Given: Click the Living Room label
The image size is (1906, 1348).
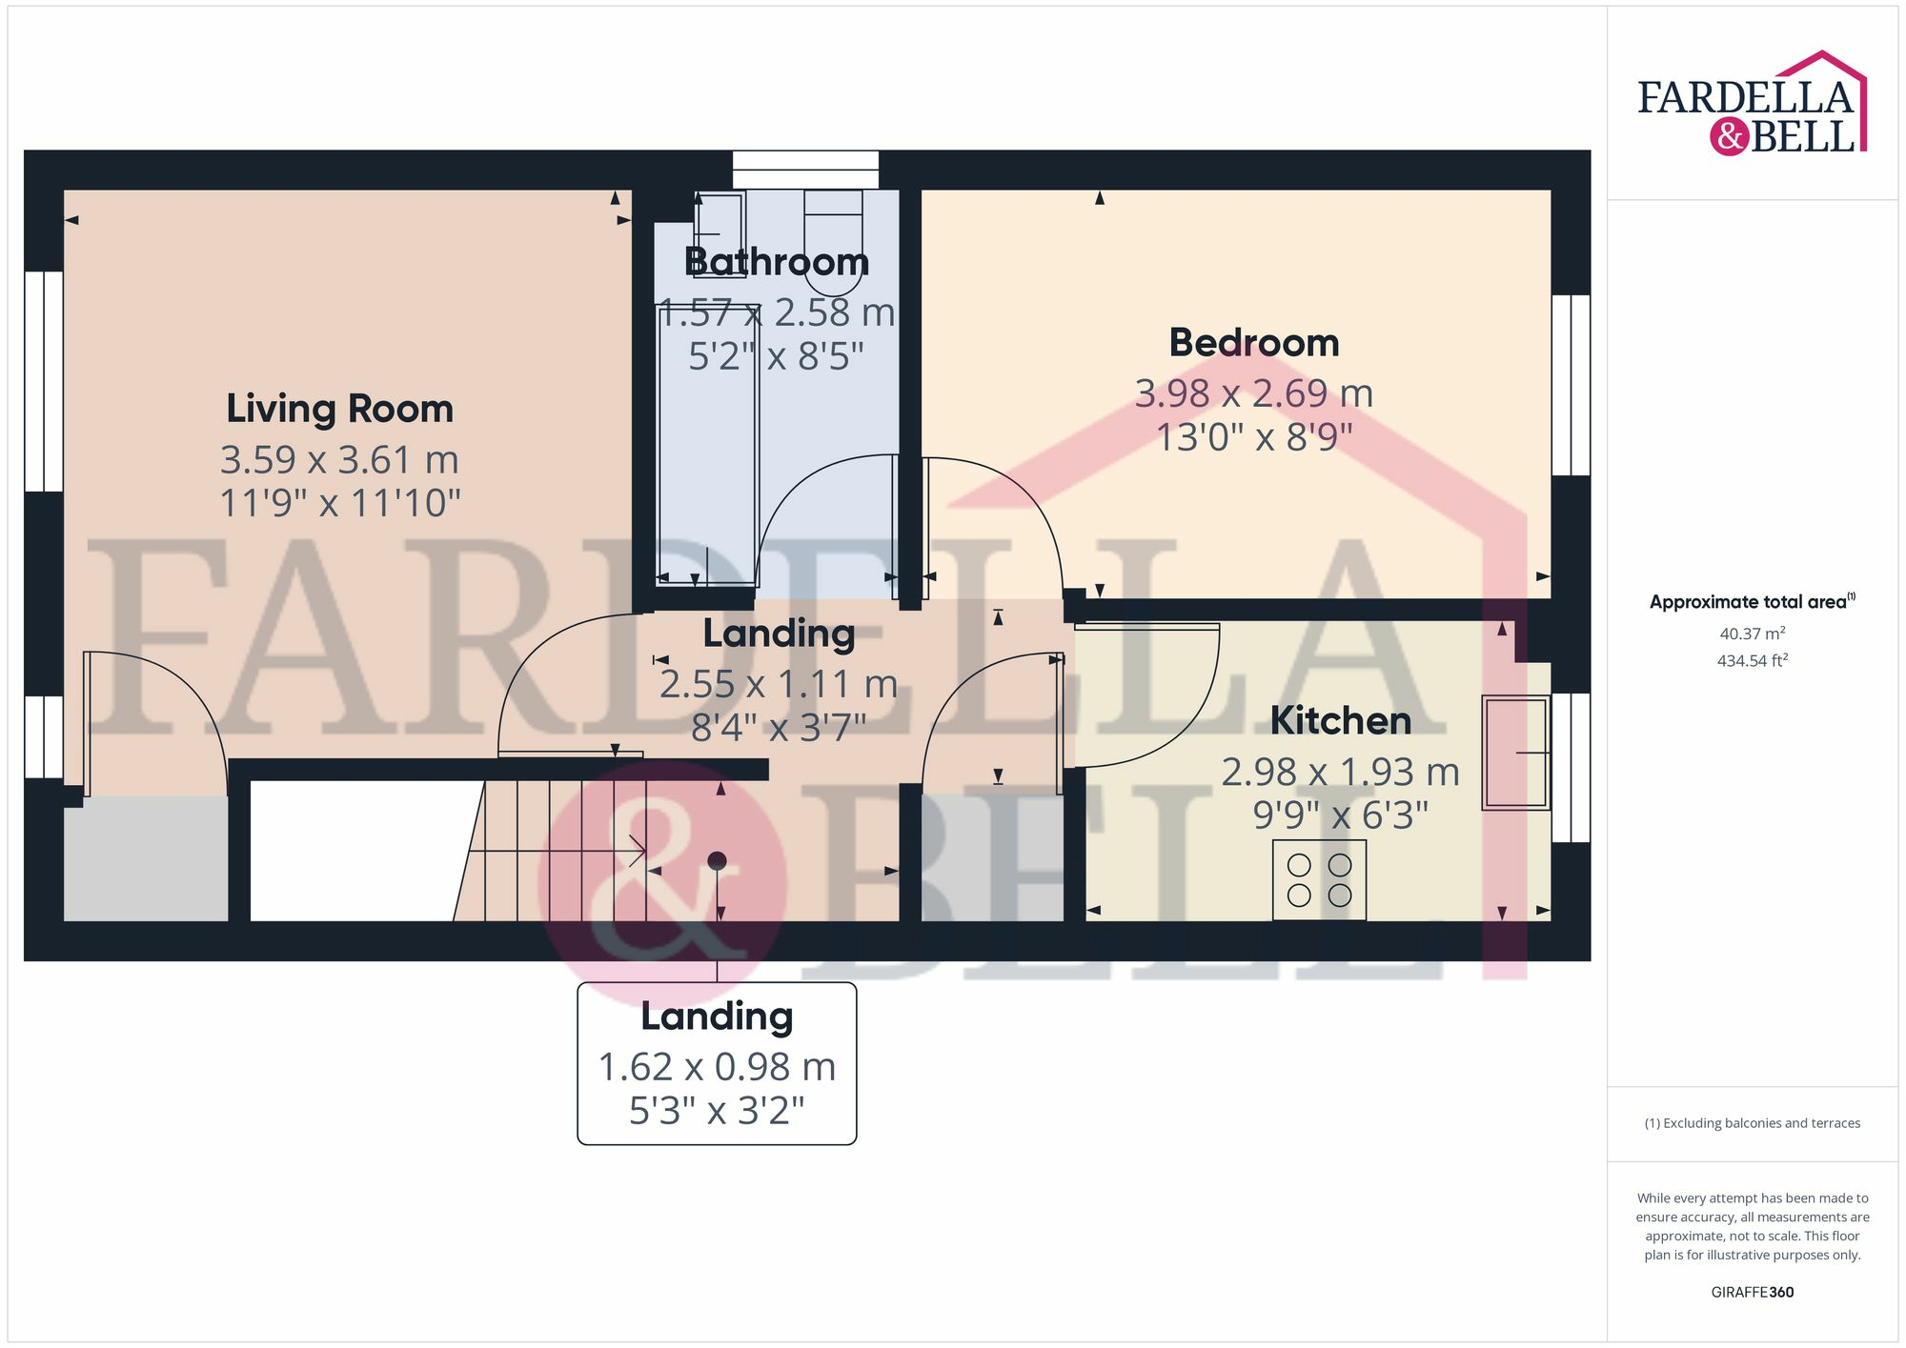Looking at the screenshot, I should click(339, 409).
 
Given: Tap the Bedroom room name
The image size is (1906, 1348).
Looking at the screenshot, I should click(1253, 343).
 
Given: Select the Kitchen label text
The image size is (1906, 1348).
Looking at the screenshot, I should click(1340, 721).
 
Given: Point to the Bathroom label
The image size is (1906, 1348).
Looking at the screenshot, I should click(776, 262).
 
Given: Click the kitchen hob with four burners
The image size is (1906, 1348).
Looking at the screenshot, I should click(1319, 880).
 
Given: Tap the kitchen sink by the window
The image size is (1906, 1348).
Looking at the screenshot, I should click(1515, 753).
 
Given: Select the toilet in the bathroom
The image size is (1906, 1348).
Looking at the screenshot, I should click(833, 243).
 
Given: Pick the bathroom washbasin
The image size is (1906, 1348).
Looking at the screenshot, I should click(719, 229).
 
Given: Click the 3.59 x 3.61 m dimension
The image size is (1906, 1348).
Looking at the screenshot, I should click(339, 460).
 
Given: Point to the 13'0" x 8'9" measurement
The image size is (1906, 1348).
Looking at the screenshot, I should click(1253, 437).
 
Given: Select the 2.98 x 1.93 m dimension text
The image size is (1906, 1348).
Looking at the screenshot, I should click(1340, 772).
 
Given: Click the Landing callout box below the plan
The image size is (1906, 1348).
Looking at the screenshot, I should click(717, 1063).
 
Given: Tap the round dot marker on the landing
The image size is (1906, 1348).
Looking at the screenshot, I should click(718, 861).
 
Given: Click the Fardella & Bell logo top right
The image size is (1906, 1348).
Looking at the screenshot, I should click(1752, 105).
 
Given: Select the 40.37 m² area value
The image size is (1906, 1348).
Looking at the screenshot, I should click(1752, 634).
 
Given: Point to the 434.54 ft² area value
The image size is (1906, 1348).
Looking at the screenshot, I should click(1752, 660).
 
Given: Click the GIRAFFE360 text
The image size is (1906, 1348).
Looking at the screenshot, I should click(1752, 1292).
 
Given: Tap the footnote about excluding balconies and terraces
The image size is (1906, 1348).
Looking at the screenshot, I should click(1752, 1123).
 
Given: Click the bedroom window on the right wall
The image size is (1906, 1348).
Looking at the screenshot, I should click(1571, 385).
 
